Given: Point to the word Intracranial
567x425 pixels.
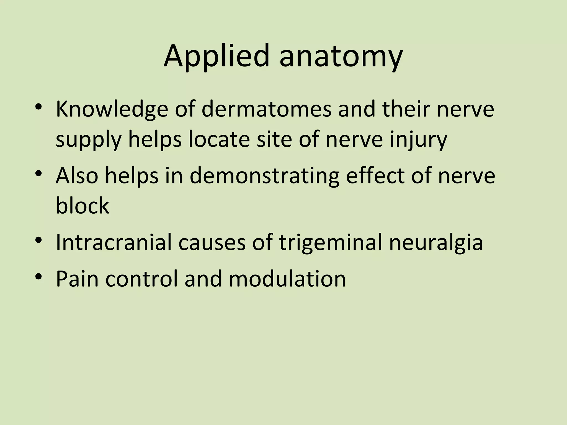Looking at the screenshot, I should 114,242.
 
